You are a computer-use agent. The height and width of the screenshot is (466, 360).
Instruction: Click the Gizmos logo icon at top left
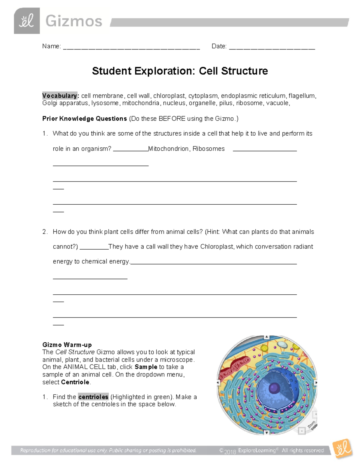click(27, 21)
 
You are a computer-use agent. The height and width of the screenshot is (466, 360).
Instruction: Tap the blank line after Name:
click(131, 47)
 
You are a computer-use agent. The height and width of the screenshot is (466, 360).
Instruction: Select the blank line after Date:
click(272, 47)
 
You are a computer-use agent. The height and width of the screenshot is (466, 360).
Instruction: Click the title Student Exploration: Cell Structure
click(180, 71)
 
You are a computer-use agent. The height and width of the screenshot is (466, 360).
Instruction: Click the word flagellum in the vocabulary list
click(302, 96)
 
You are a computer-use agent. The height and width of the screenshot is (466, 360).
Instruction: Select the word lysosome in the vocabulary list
click(105, 103)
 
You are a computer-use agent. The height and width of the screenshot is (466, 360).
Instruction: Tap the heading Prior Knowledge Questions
click(85, 119)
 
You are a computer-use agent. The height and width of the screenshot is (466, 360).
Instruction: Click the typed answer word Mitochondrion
click(168, 149)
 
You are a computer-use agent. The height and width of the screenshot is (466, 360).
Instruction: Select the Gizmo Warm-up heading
click(67, 345)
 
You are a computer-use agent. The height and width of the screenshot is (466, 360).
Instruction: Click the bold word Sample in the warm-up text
click(146, 367)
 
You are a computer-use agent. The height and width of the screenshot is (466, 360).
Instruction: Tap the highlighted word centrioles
click(93, 397)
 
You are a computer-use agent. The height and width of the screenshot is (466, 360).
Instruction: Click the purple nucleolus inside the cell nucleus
click(274, 388)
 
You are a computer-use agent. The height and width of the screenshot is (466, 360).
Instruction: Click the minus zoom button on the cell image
click(302, 431)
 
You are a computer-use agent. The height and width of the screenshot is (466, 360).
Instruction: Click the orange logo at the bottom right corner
click(342, 449)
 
